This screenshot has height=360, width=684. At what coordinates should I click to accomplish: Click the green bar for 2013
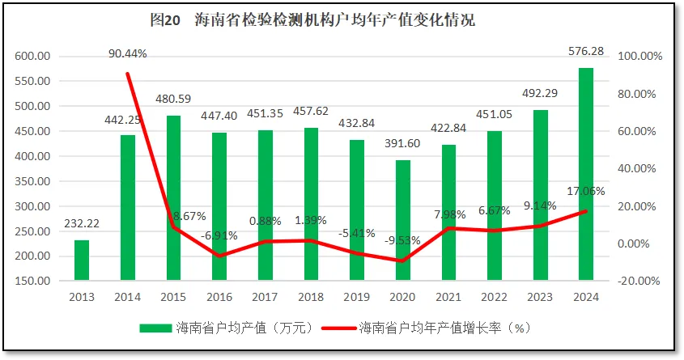pyautogui.click(x=82, y=260)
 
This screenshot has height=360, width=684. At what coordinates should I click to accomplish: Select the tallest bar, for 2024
pyautogui.click(x=587, y=174)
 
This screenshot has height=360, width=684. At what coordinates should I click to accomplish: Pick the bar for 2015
pyautogui.click(x=173, y=198)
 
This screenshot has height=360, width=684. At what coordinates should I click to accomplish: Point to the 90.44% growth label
pyautogui.click(x=128, y=53)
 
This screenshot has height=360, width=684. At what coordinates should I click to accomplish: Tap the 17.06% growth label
pyautogui.click(x=586, y=191)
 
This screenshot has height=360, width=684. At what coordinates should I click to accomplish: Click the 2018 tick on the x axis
pyautogui.click(x=311, y=297)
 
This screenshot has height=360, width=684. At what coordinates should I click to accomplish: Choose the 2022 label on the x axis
pyautogui.click(x=495, y=297)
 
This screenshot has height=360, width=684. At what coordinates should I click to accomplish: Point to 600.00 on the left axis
pyautogui.click(x=32, y=57)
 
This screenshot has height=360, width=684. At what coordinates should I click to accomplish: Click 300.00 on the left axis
pyautogui.click(x=32, y=206)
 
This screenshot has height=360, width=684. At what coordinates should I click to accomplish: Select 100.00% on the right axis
pyautogui.click(x=640, y=57)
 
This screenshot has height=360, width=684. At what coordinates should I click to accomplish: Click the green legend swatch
pyautogui.click(x=155, y=328)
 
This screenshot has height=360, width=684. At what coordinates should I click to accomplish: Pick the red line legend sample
pyautogui.click(x=338, y=328)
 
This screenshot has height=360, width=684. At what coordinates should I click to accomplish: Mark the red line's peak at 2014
pyautogui.click(x=128, y=74)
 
